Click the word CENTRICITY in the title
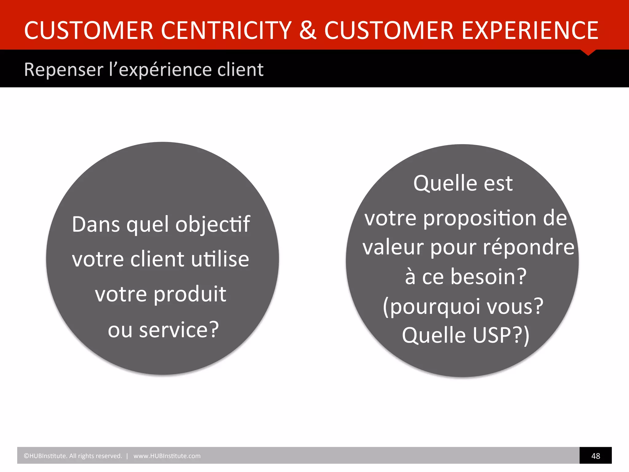pos(226,30)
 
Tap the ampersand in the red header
pos(308,30)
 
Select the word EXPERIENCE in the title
pos(530,30)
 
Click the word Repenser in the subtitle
pos(64,70)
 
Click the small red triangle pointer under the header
pos(588,53)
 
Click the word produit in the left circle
pos(190,294)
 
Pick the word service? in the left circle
pos(179,330)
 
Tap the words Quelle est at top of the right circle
pos(463,183)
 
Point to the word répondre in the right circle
pos(529,247)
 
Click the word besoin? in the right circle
pos(489,277)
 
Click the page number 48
pos(596,456)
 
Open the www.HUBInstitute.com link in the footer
pos(167,456)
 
